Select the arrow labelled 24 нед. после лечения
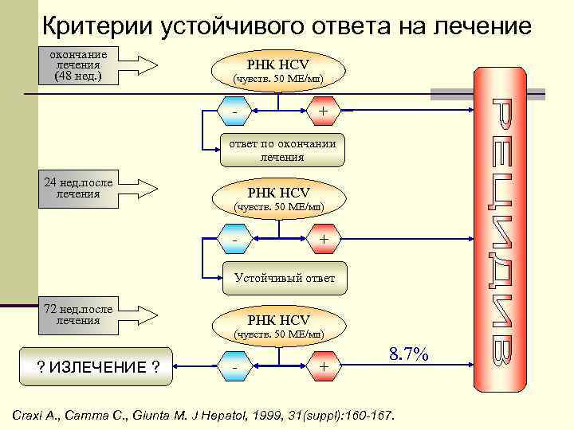pyautogui.click(x=100, y=188)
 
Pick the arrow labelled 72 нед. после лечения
pyautogui.click(x=100, y=314)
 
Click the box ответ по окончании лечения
pyautogui.click(x=282, y=150)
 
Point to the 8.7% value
pyautogui.click(x=408, y=355)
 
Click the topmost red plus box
pyautogui.click(x=323, y=112)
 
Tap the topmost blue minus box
pyautogui.click(x=236, y=112)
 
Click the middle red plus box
pyautogui.click(x=323, y=239)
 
